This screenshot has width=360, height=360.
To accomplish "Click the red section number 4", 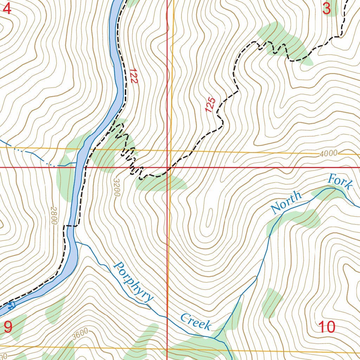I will [x=7, y=9].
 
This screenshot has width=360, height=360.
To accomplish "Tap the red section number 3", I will [x=327, y=9].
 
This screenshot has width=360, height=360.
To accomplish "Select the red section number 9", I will [x=8, y=327].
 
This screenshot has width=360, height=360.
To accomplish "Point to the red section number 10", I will [x=326, y=327].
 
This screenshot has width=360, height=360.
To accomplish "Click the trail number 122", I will [x=133, y=76].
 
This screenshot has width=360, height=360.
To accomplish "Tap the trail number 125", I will [x=210, y=105].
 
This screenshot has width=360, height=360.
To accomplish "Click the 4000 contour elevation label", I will [x=329, y=153].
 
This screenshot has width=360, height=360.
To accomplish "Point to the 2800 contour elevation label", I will [x=53, y=216].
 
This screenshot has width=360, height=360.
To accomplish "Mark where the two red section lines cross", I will [x=167, y=167].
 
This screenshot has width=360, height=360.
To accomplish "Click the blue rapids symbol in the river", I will [x=12, y=305].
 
